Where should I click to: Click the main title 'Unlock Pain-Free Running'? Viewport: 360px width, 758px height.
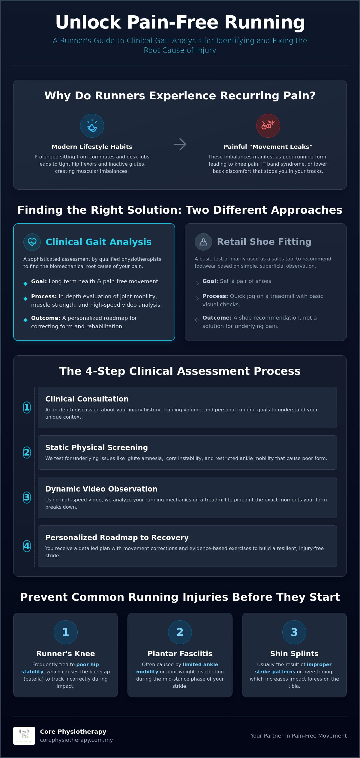180,23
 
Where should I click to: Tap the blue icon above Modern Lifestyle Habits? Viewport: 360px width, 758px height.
92,126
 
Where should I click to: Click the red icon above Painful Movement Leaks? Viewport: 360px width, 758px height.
268,126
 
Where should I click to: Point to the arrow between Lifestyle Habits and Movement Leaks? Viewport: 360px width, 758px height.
180,144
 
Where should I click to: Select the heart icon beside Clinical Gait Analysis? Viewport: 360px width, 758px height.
32,242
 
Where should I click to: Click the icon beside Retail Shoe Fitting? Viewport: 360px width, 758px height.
203,242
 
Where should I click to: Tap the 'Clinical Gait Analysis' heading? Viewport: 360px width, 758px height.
98,242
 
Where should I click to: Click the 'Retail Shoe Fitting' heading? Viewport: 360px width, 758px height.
264,242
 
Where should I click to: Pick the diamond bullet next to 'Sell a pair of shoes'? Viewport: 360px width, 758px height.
197,283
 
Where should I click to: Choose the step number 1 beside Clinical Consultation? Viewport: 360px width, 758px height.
27,407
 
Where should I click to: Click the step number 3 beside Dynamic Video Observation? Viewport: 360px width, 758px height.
27,497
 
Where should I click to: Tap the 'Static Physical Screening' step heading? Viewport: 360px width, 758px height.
97,447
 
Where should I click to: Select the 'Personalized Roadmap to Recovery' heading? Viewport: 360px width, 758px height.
117,537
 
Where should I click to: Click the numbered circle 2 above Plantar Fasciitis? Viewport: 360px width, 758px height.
180,632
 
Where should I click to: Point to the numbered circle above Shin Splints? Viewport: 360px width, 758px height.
294,632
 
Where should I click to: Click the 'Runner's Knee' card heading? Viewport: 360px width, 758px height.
66,654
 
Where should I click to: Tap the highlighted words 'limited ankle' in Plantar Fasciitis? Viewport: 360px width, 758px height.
200,664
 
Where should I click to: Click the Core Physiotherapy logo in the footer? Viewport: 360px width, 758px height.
24,736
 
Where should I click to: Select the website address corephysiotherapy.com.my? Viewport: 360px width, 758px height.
76,740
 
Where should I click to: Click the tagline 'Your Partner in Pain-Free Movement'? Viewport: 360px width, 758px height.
298,736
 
